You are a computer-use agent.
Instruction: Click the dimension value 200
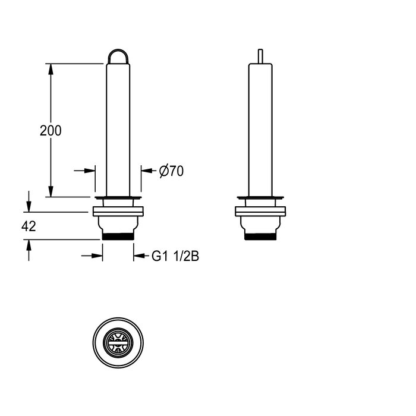coord(51,131)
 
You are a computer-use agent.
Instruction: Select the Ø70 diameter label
coord(171,171)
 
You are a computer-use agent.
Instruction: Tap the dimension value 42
coord(29,226)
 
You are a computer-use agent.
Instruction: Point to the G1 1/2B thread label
coord(175,256)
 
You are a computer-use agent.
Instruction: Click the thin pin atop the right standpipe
coord(260,56)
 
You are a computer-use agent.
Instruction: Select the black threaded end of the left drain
coord(118,237)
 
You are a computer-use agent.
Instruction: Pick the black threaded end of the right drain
coord(260,237)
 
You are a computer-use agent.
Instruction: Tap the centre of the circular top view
coord(118,343)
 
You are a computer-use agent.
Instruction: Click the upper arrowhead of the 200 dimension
coord(51,69)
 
